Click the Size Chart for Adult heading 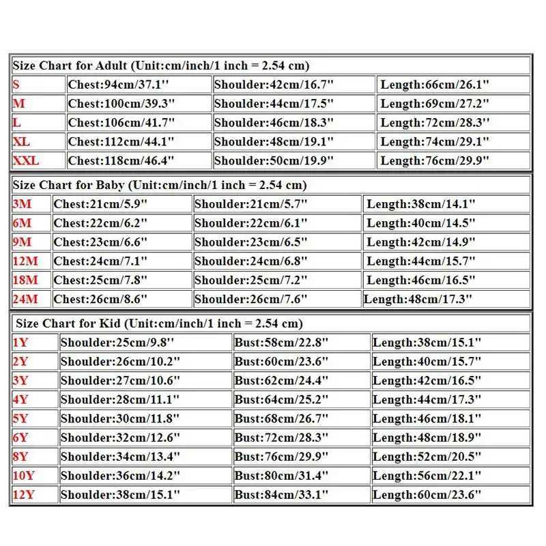point(161,66)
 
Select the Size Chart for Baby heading point(159,185)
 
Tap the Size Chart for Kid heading point(159,324)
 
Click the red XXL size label point(26,161)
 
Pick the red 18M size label point(26,281)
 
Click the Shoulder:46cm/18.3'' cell point(274,123)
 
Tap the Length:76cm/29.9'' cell point(435,161)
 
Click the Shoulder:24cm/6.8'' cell point(251,261)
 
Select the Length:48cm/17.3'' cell point(419,299)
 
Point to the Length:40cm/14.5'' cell point(421,223)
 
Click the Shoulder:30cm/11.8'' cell point(120,418)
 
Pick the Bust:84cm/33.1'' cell point(281,495)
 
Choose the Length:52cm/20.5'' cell point(427,457)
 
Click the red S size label point(16,85)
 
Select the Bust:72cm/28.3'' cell point(281,437)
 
